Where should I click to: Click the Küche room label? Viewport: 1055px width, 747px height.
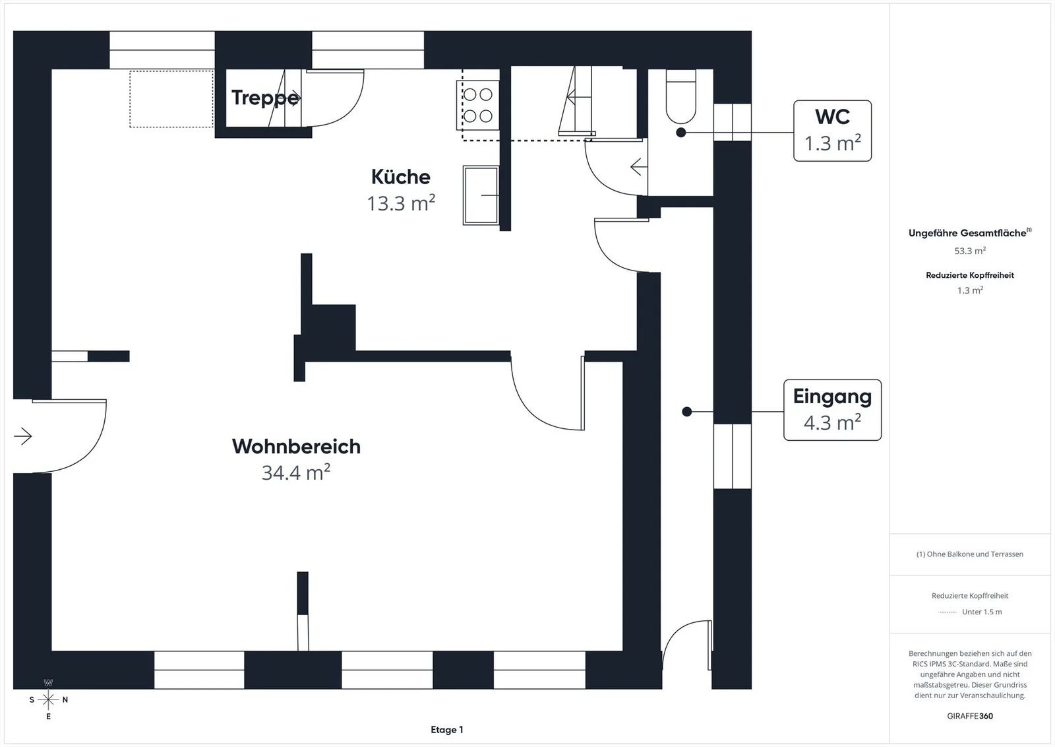tap(401, 178)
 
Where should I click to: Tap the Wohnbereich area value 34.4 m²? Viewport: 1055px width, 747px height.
tap(296, 472)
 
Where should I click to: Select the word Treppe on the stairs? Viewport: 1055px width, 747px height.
tap(265, 98)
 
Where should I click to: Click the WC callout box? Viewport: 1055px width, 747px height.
tap(832, 131)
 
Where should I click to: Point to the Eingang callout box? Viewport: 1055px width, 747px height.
tap(832, 410)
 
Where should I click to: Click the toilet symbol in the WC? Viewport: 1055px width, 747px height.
tap(680, 96)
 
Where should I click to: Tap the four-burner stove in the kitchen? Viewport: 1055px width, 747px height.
tap(477, 105)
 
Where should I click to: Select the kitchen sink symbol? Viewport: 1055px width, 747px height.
tap(481, 195)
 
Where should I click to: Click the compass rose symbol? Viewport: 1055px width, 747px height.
tap(48, 700)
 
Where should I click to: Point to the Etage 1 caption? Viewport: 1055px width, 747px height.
tap(447, 730)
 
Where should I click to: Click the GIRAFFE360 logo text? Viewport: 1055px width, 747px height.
tap(970, 716)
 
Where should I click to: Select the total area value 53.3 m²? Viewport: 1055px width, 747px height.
tap(970, 251)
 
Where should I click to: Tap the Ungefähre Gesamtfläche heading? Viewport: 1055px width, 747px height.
tap(970, 233)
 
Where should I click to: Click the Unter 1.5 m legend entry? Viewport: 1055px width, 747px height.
tap(982, 612)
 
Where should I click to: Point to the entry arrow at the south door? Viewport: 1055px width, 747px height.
tap(22, 436)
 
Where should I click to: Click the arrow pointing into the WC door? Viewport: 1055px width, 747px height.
tap(639, 167)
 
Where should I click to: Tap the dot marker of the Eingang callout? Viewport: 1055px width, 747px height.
tap(686, 412)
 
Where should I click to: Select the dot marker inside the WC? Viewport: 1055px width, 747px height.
tap(680, 133)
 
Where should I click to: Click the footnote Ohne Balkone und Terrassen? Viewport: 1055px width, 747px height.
tap(970, 554)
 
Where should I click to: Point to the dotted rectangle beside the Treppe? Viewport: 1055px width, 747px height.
tap(171, 98)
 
